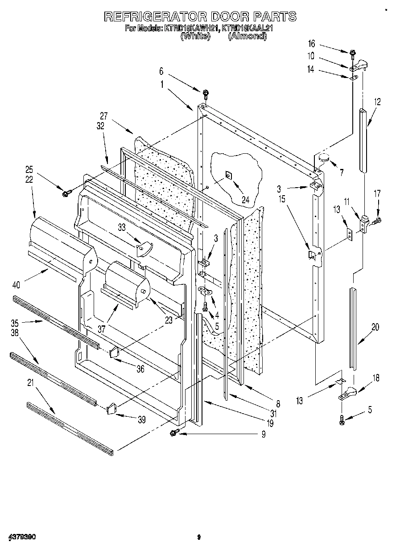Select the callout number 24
point(245,200)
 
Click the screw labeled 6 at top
point(206,94)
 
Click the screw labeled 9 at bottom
point(174,432)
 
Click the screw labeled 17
point(379,220)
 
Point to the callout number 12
point(377,102)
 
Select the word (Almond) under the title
point(248,37)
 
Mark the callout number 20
point(375,327)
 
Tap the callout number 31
point(273,414)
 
